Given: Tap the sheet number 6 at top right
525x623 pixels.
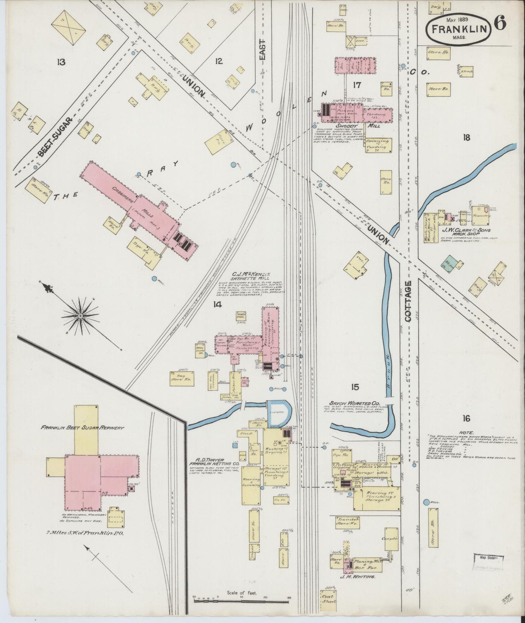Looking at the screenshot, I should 500,24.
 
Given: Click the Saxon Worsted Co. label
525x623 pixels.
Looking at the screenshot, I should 355,403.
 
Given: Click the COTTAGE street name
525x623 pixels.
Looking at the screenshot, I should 408,301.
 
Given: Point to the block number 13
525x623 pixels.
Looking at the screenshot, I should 61,62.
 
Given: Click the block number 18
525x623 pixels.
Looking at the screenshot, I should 467,137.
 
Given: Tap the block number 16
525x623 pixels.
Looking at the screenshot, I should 467,419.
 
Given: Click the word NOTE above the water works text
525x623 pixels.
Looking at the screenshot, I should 467,433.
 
